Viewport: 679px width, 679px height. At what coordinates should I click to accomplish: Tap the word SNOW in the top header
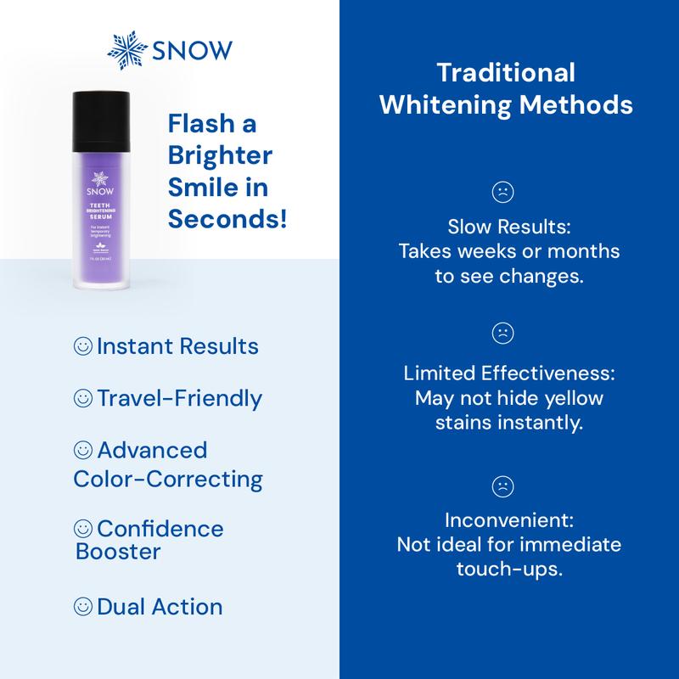tap(190, 52)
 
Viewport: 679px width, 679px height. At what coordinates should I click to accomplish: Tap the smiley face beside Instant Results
tap(83, 347)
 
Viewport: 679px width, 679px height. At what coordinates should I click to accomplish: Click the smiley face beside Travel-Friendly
tap(83, 398)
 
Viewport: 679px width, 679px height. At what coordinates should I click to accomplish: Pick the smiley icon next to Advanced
tap(83, 450)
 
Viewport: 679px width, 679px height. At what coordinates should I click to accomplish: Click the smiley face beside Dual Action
tap(83, 607)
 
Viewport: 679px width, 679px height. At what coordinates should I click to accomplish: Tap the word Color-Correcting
tap(168, 479)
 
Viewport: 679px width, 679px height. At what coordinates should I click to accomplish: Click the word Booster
tap(119, 552)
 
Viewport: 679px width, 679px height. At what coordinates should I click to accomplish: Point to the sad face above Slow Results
tap(503, 194)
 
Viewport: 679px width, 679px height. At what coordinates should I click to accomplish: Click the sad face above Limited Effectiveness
tap(503, 334)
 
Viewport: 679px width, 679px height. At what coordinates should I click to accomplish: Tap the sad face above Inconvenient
tap(503, 485)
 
